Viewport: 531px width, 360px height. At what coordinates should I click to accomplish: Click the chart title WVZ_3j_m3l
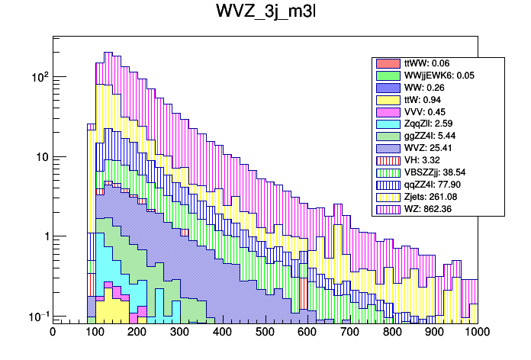coord(265,15)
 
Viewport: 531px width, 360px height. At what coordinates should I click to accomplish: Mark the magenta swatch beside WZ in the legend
coord(388,208)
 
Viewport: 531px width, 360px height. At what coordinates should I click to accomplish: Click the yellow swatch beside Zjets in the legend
coord(388,196)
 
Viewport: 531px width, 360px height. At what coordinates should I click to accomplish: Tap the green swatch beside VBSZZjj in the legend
coord(388,172)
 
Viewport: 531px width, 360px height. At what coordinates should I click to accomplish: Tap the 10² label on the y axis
coord(37,76)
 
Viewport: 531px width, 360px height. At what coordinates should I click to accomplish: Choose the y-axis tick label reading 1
coord(44,236)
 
